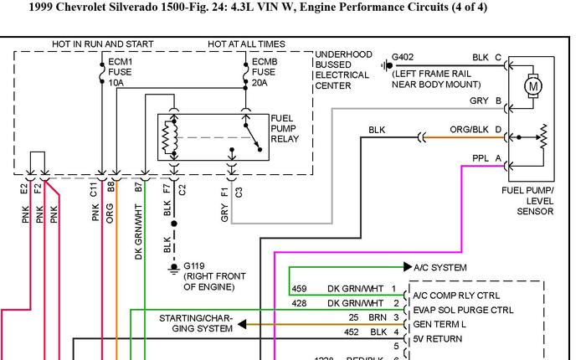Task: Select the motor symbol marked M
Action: pyautogui.click(x=532, y=85)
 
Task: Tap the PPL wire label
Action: pyautogui.click(x=481, y=157)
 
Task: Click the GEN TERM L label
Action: pyautogui.click(x=439, y=323)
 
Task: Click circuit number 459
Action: pyautogui.click(x=299, y=289)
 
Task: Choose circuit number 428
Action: pyautogui.click(x=299, y=303)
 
